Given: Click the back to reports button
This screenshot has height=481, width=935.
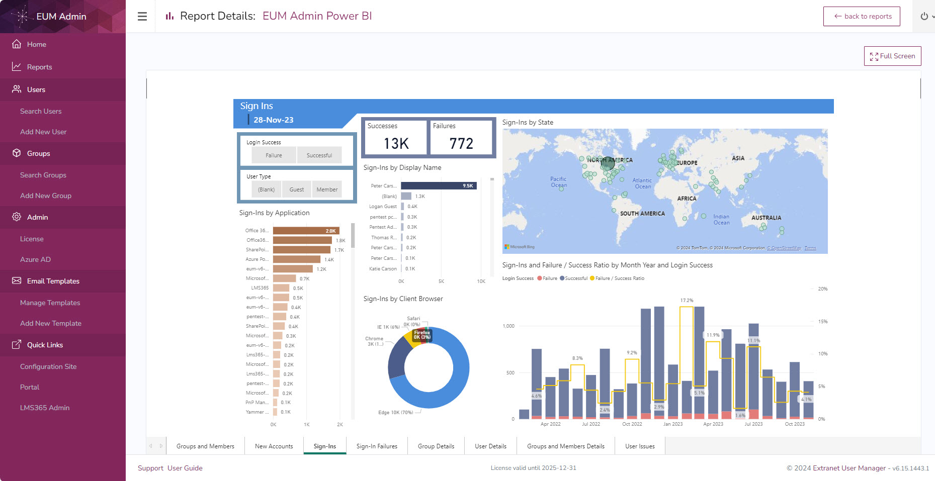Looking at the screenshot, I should tap(862, 16).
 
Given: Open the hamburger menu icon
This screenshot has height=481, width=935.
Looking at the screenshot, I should tap(142, 16).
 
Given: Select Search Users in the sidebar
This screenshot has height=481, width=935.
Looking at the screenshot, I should tap(41, 111).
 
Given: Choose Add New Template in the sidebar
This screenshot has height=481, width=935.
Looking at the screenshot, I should tap(51, 323).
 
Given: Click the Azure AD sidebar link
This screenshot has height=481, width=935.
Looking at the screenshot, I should tap(35, 259).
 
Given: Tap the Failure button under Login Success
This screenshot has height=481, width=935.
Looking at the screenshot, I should tap(274, 155).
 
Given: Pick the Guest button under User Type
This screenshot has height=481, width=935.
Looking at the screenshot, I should tap(296, 189).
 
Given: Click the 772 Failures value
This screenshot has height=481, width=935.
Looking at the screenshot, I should tap(461, 144).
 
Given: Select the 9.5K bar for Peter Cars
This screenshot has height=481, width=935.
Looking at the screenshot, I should tap(438, 186).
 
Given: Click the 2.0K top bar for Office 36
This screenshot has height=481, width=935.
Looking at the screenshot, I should tap(306, 231).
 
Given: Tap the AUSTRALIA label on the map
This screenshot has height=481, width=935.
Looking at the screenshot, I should tap(766, 218).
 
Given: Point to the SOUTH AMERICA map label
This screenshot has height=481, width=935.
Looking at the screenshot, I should tap(642, 214).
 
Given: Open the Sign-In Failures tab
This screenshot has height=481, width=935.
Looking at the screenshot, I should tap(377, 446).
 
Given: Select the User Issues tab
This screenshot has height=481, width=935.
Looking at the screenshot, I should tap(640, 446).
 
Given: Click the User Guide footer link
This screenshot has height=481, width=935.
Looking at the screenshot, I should tap(185, 468).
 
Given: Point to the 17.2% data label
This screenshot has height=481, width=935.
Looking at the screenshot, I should tap(687, 301).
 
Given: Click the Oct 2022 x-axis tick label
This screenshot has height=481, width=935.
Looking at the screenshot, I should tap(632, 424).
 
